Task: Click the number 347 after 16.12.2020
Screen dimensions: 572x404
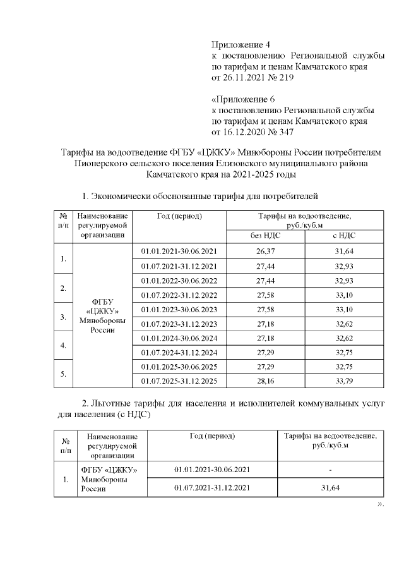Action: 282,132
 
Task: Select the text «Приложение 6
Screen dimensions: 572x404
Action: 242,99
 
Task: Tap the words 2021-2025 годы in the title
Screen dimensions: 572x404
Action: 259,173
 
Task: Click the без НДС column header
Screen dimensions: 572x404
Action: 266,235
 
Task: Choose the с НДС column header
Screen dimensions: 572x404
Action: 343,235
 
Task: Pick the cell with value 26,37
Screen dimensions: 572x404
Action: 266,252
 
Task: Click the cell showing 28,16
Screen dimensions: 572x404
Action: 266,381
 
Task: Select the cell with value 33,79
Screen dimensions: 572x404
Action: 343,381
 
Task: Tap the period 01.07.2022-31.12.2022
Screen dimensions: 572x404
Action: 179,295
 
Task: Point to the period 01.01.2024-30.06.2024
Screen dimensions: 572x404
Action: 179,338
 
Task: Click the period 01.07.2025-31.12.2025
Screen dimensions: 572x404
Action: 179,381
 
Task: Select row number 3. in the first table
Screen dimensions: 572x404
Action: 63,317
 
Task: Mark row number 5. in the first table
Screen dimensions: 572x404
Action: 63,374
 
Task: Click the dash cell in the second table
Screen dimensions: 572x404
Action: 330,470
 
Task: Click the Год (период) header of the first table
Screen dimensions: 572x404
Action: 179,216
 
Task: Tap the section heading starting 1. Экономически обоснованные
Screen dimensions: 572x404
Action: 200,195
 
